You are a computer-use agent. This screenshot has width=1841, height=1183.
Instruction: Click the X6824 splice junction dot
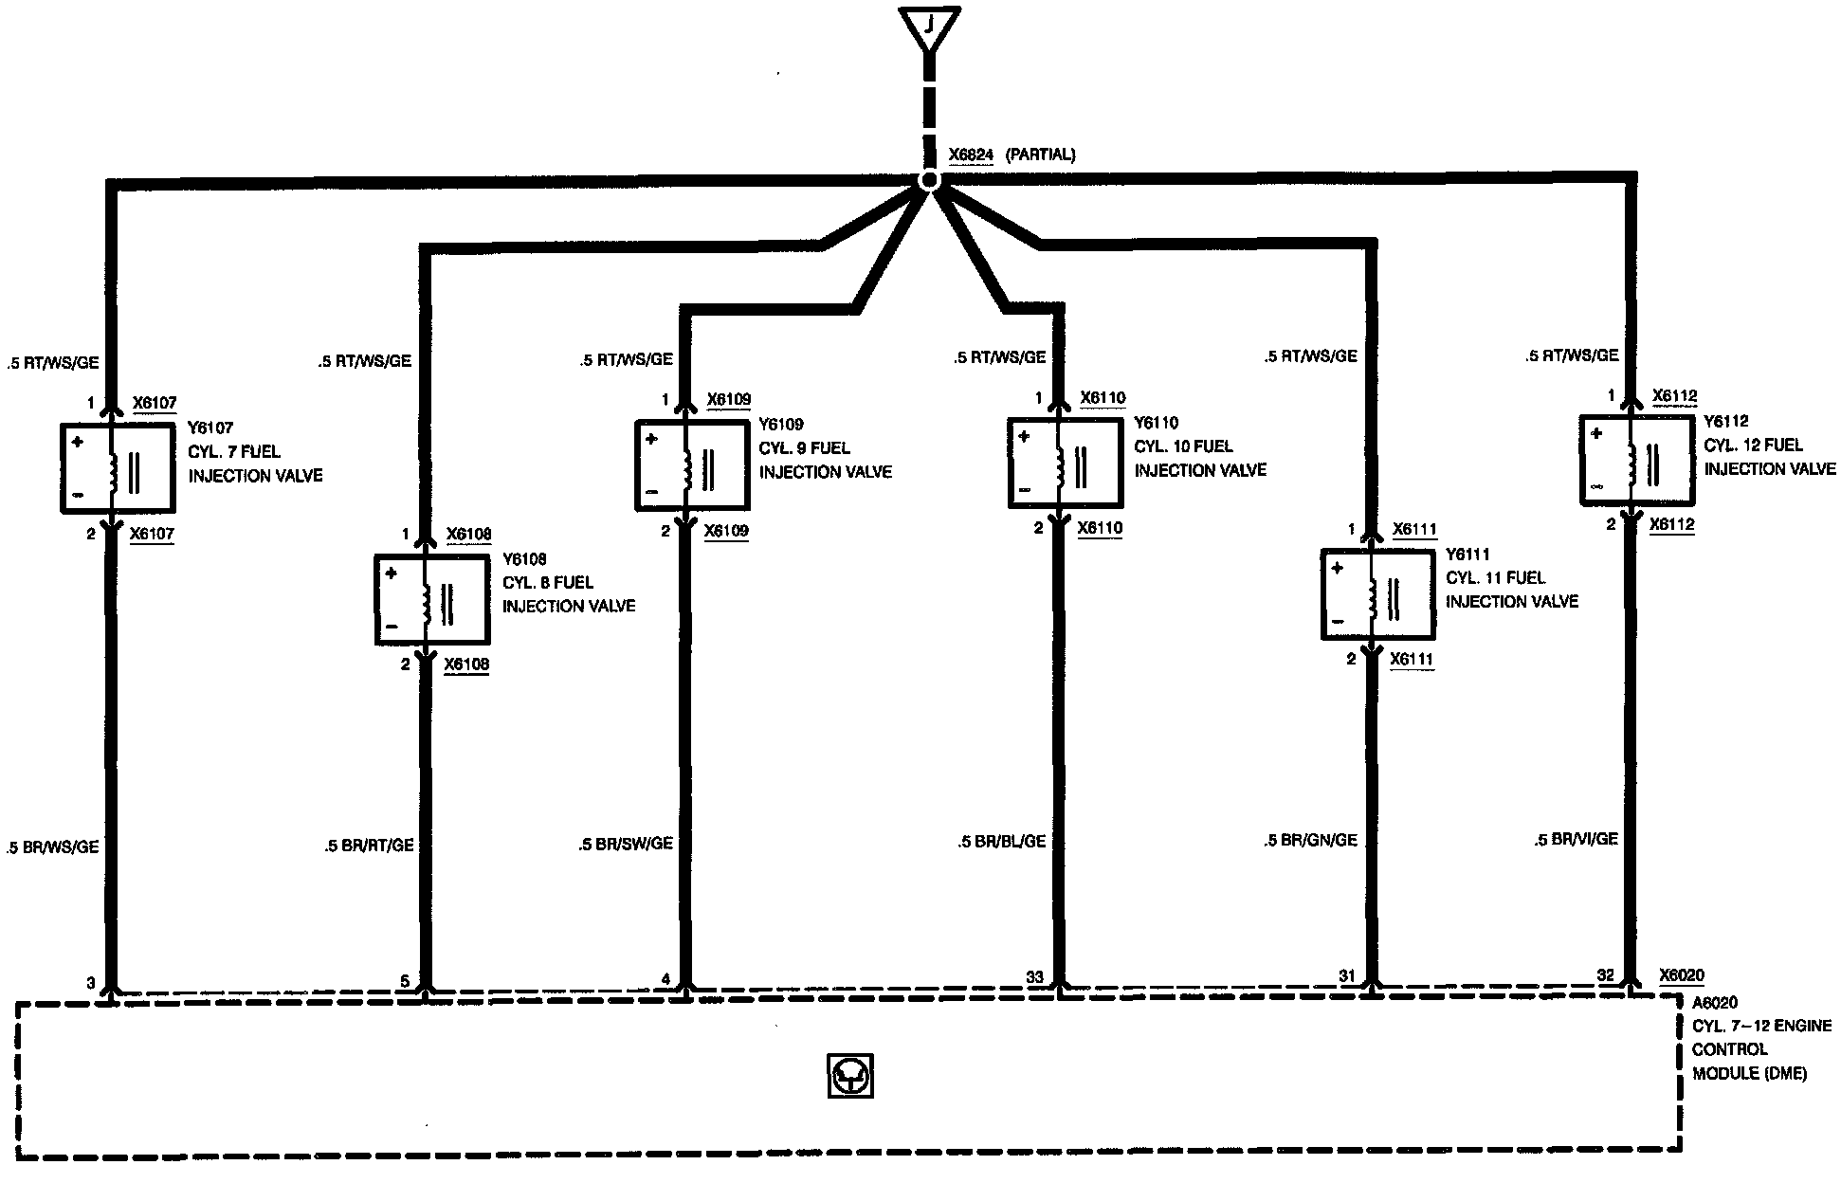(930, 181)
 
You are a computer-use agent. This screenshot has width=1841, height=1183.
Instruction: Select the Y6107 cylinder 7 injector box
(118, 468)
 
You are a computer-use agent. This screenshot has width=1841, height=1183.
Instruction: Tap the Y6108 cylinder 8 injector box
(432, 600)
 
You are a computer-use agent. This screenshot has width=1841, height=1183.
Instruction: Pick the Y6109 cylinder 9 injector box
(692, 465)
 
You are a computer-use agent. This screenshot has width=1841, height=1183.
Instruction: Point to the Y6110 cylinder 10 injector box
(1065, 464)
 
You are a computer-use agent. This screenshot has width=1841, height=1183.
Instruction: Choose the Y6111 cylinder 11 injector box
(1377, 594)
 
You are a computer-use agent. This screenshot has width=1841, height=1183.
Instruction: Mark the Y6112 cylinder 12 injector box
(1636, 460)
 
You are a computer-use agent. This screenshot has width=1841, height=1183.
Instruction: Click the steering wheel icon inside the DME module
(850, 1076)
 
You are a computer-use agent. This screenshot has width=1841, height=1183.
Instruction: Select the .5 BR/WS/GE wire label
(53, 847)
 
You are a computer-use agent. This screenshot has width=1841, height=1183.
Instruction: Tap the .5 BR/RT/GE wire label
(370, 846)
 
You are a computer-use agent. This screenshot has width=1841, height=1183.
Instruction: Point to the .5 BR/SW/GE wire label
(626, 844)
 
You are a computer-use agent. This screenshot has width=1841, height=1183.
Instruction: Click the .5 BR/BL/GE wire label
(1002, 842)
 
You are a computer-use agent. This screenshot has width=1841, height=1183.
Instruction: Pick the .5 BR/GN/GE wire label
(1311, 841)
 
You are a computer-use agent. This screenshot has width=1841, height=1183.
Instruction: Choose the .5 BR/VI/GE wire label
(1577, 839)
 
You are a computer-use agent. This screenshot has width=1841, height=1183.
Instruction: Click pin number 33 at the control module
(1034, 977)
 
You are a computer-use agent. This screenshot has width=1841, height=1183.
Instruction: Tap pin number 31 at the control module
(1347, 975)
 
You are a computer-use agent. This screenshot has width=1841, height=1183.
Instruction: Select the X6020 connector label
(1682, 975)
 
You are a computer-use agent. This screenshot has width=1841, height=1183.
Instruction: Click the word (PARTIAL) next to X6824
(1040, 155)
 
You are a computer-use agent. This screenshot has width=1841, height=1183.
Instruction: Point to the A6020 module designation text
(1715, 1002)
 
